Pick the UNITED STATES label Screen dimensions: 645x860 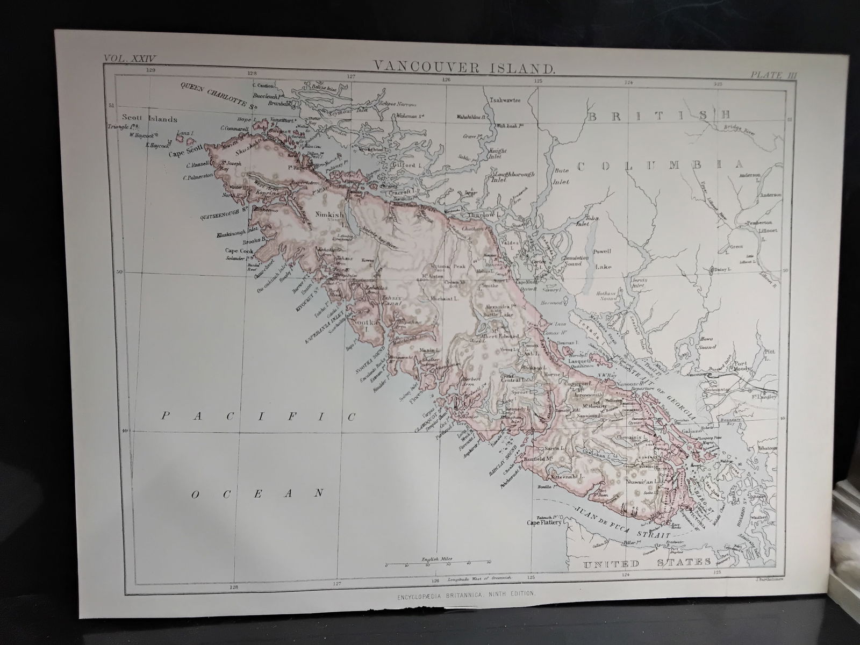646,563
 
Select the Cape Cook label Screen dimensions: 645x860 239,250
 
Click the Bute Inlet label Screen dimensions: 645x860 561,176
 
